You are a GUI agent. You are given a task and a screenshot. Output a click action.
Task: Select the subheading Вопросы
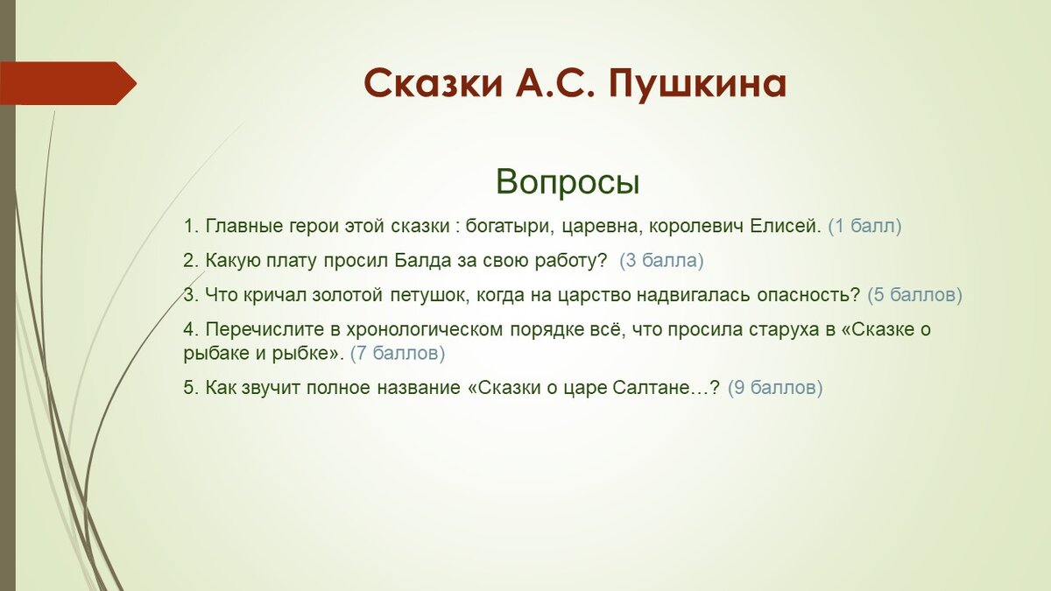pyautogui.click(x=568, y=181)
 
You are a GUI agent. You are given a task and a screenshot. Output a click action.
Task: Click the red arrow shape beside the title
pyautogui.click(x=68, y=83)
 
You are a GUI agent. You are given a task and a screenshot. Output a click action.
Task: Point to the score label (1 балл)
pyautogui.click(x=864, y=226)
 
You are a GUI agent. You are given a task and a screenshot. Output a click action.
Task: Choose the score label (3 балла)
pyautogui.click(x=661, y=260)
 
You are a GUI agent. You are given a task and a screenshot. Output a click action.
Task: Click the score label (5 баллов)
pyautogui.click(x=914, y=294)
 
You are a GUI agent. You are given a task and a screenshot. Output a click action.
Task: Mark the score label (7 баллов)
pyautogui.click(x=398, y=353)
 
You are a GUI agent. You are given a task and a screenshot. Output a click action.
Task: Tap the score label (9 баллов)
pyautogui.click(x=775, y=388)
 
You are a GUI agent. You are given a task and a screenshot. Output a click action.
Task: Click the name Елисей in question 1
pyautogui.click(x=786, y=226)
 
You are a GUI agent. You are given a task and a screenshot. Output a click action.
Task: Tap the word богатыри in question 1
pyautogui.click(x=510, y=227)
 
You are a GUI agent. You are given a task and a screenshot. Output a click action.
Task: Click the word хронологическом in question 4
pyautogui.click(x=425, y=330)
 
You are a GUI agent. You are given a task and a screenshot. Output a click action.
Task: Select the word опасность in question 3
pyautogui.click(x=808, y=295)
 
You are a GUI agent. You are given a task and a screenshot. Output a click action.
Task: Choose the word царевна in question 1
pyautogui.click(x=600, y=227)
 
